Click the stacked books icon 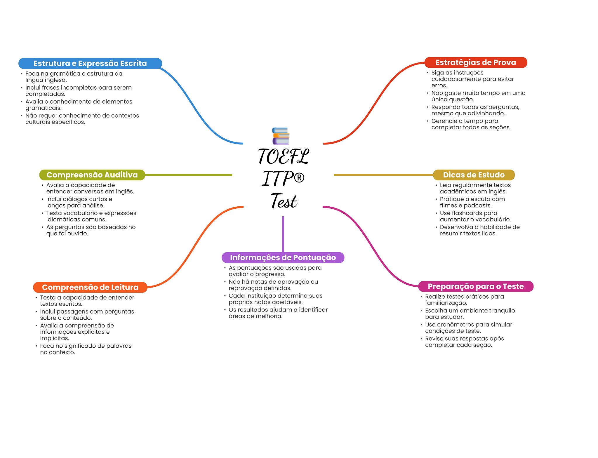(281, 136)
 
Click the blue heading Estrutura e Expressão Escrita (90, 63)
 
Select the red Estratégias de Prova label (475, 62)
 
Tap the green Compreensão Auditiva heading (92, 175)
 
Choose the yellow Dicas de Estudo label (473, 175)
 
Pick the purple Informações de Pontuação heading (283, 257)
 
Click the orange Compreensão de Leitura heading (90, 287)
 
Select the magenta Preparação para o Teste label (475, 286)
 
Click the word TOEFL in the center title (283, 157)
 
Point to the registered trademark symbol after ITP (299, 177)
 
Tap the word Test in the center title (284, 201)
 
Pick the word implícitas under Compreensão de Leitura (55, 338)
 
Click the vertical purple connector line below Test (283, 234)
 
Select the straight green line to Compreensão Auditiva (188, 175)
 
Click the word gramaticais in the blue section (43, 108)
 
